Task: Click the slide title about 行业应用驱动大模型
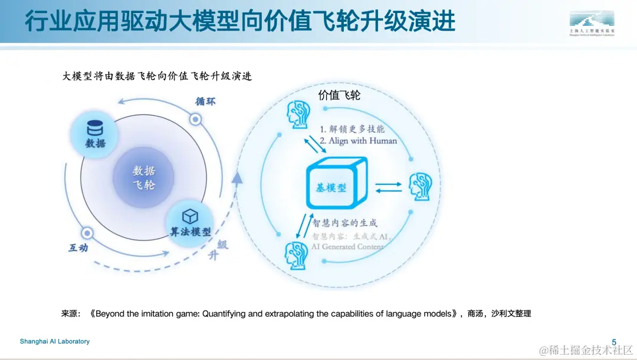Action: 240,21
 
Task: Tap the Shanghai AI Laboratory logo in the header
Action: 592,23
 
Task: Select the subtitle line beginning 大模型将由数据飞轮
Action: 157,76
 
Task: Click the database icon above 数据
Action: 95,128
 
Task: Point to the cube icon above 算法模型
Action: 189,215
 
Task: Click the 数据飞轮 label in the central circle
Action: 144,177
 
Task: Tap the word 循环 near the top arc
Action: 205,101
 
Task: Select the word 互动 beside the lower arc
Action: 78,248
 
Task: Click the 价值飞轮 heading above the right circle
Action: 339,94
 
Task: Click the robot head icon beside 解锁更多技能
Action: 297,114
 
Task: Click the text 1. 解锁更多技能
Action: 352,129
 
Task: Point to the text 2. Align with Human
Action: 358,141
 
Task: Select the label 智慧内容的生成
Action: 345,223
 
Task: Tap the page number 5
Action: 614,342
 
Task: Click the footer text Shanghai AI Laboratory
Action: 55,342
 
